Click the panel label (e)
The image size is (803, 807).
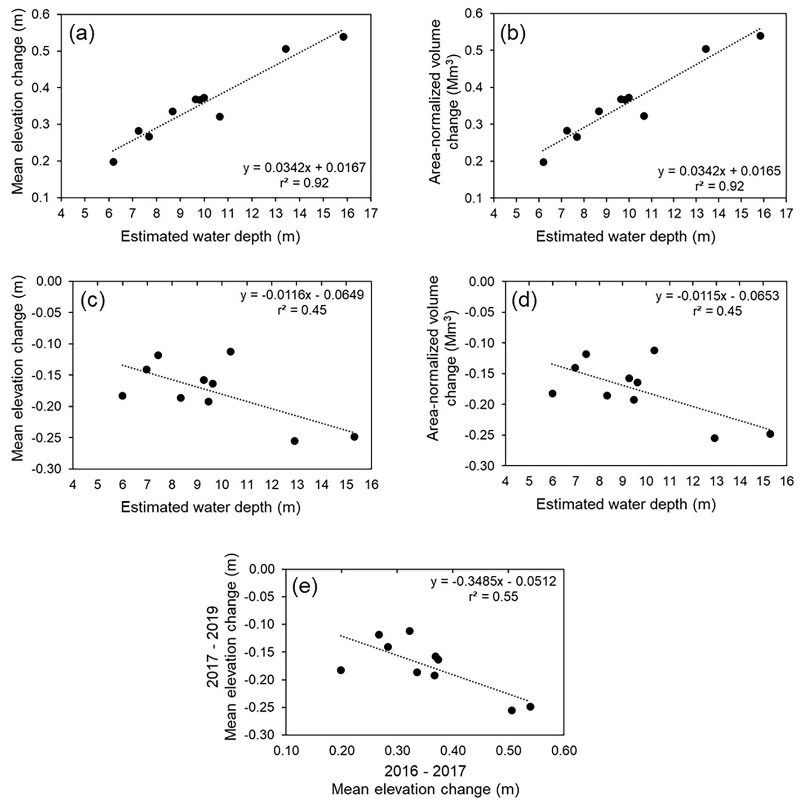(305, 586)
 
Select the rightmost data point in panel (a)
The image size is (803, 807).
(343, 37)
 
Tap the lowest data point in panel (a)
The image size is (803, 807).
(113, 162)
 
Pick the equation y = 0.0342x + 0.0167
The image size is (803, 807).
(304, 168)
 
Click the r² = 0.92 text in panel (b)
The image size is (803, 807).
(719, 186)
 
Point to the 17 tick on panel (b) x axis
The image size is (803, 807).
(786, 214)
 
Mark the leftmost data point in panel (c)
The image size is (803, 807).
(122, 396)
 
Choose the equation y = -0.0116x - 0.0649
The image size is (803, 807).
(302, 295)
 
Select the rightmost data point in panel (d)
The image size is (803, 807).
(770, 434)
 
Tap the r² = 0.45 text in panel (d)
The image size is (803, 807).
(717, 311)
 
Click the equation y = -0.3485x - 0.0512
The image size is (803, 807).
(493, 581)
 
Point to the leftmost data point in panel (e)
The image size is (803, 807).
(341, 670)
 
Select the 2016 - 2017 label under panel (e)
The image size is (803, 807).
(425, 771)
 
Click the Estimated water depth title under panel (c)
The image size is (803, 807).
(210, 507)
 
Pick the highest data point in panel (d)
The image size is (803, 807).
(654, 350)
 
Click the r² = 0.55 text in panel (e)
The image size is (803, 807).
(493, 597)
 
